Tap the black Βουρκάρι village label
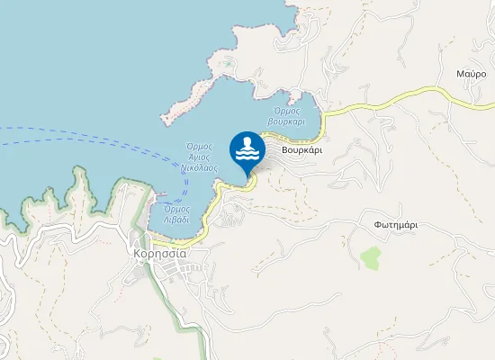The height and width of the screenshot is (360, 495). (301, 150)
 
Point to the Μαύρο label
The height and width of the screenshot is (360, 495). (471, 73)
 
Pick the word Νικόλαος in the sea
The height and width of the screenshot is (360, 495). (199, 168)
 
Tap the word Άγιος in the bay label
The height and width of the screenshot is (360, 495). (199, 157)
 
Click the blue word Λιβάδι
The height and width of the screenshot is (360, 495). (176, 219)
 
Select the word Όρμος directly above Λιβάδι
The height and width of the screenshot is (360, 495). (176, 209)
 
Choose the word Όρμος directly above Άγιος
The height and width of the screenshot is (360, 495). (199, 147)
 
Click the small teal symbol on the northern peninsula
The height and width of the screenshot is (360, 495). (229, 64)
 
